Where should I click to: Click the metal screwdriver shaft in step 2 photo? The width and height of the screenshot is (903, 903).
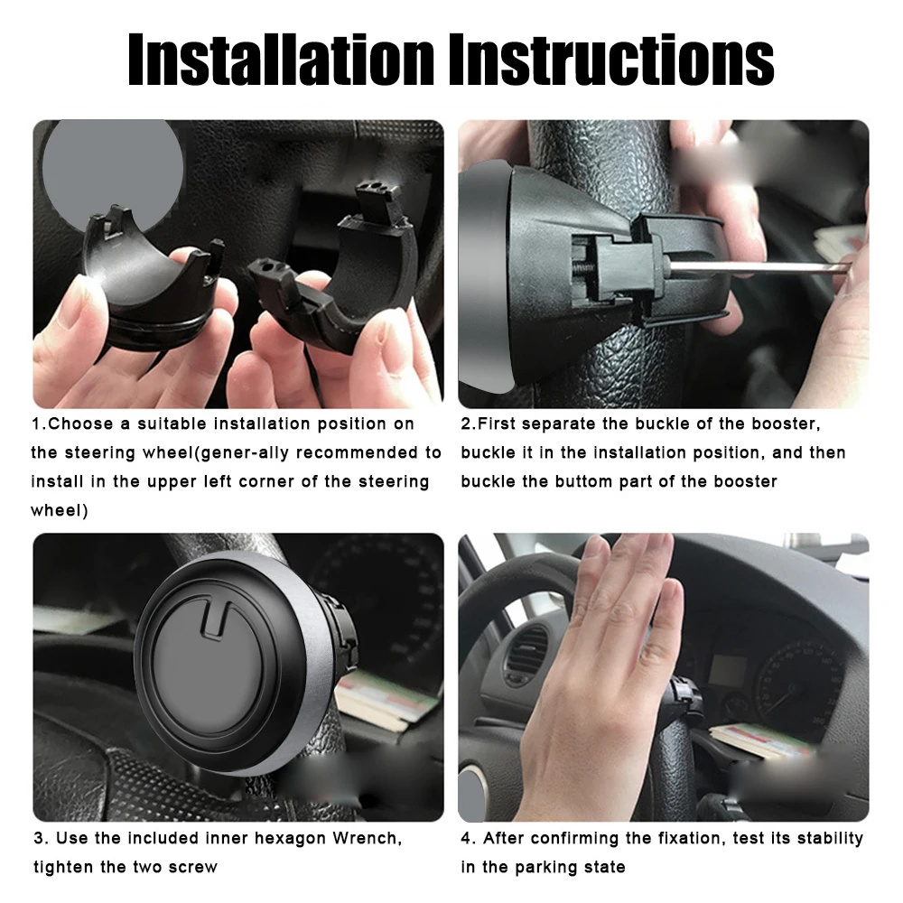pos(759,267)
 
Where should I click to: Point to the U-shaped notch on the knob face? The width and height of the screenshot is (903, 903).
pos(214,623)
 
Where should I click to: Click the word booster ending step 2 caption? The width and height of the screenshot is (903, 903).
pos(743,480)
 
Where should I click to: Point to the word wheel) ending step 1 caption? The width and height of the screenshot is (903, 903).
pos(59,510)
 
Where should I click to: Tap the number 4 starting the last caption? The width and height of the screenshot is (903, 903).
pos(466,838)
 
